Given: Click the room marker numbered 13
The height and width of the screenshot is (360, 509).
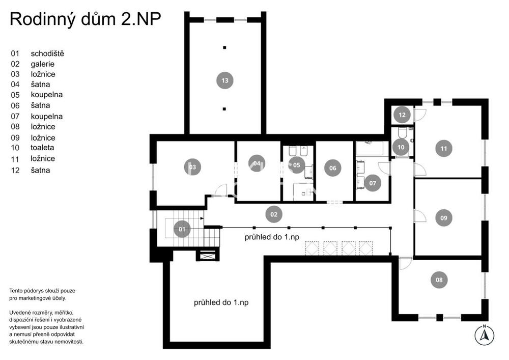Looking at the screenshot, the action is [x=224, y=80].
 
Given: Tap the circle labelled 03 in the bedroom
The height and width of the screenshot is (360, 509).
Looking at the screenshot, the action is [x=192, y=167].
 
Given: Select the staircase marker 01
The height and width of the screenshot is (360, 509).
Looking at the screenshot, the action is [x=182, y=229].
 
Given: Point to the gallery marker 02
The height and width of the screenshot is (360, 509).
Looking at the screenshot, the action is [x=274, y=214].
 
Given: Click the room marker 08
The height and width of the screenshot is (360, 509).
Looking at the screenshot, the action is [x=439, y=280].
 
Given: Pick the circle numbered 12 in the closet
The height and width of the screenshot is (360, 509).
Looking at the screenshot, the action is [x=402, y=115].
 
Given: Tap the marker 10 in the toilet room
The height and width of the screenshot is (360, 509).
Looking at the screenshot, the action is [x=401, y=147].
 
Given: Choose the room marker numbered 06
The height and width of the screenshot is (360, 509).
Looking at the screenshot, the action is [x=333, y=168].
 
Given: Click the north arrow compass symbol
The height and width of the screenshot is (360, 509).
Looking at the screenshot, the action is [x=485, y=335].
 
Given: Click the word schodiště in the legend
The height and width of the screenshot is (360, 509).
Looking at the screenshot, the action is [x=47, y=53].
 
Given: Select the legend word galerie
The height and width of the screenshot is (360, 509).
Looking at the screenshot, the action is [x=43, y=64].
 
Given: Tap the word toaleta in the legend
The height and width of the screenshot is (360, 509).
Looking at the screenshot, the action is [x=42, y=148].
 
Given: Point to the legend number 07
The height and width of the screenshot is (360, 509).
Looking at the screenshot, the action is [x=15, y=116].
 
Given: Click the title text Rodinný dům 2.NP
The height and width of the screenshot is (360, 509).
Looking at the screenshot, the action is [x=86, y=19].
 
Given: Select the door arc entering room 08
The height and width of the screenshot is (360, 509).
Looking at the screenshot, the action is [x=405, y=263].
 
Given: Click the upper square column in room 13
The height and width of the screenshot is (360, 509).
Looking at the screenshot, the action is [x=224, y=47].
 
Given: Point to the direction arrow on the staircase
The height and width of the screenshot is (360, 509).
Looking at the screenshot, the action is [x=202, y=218].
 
